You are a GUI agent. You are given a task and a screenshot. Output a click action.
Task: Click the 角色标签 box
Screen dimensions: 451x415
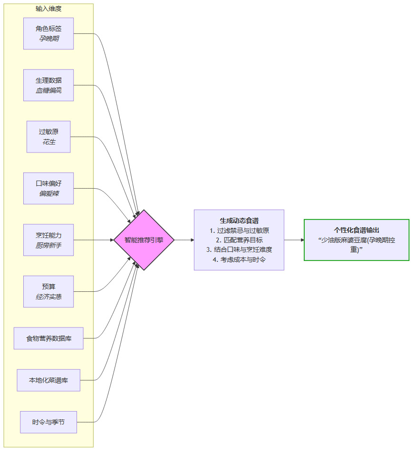pyautogui.click(x=48, y=33)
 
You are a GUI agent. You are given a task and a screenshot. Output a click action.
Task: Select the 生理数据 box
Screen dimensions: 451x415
pyautogui.click(x=48, y=85)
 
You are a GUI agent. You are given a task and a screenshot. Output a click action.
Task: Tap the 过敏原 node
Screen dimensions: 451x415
pyautogui.click(x=48, y=137)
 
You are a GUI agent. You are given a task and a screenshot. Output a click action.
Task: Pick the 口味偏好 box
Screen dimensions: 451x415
pyautogui.click(x=48, y=188)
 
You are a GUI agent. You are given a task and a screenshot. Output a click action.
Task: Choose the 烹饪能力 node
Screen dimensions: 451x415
pyautogui.click(x=48, y=240)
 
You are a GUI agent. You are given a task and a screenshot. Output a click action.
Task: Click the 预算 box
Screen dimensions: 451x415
pyautogui.click(x=48, y=291)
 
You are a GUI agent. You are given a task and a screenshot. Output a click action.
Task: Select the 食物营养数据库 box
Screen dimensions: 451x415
pyautogui.click(x=48, y=338)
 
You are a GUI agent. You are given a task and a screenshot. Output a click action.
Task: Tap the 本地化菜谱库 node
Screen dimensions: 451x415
pyautogui.click(x=48, y=380)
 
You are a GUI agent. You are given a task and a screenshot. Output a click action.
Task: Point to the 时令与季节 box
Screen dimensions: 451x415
pyautogui.click(x=48, y=422)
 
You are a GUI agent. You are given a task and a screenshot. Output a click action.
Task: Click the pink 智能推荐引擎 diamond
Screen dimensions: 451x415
pyautogui.click(x=144, y=240)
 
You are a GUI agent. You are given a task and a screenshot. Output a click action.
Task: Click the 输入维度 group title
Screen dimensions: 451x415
pyautogui.click(x=48, y=9)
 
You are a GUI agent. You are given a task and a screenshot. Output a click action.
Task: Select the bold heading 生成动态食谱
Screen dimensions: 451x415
pyautogui.click(x=239, y=221)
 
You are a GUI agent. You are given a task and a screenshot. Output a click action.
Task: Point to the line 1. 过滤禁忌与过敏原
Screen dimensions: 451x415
pyautogui.click(x=239, y=230)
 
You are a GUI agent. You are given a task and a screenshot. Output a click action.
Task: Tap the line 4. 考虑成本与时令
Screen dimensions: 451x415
pyautogui.click(x=239, y=259)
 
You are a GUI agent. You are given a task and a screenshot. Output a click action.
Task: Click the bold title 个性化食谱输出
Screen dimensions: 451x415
pyautogui.click(x=357, y=230)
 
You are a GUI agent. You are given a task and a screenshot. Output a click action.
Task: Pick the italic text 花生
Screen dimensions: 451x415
pyautogui.click(x=49, y=142)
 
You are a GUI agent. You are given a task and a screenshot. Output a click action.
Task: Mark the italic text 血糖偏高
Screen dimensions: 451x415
pyautogui.click(x=48, y=90)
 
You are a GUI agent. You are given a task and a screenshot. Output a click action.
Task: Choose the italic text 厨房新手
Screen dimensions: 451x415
pyautogui.click(x=48, y=245)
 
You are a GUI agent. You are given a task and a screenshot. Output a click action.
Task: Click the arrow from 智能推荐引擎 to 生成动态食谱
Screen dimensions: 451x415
pyautogui.click(x=184, y=240)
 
